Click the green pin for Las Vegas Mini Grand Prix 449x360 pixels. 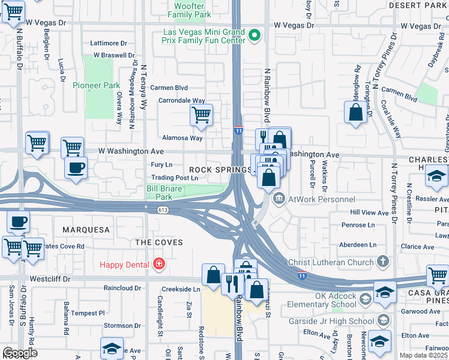(x=255, y=35)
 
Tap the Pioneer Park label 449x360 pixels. (x=97, y=85)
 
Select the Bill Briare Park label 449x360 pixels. (x=164, y=192)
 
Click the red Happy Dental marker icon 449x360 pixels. (x=158, y=263)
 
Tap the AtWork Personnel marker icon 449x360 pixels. (x=279, y=199)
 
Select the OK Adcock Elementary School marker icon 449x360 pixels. (x=365, y=298)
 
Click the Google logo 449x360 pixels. (x=19, y=353)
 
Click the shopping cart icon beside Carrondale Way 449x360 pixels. (x=201, y=114)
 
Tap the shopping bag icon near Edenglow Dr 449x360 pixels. (x=355, y=112)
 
